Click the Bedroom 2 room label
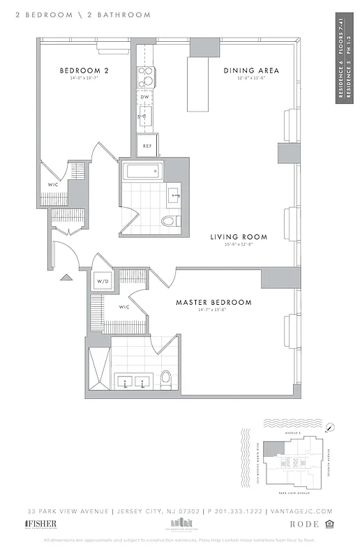tap(83, 70)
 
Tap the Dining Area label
tap(251, 70)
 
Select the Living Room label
tap(239, 237)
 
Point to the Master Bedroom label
tap(213, 302)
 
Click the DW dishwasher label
tap(144, 97)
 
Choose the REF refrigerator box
tap(147, 145)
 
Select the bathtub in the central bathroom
tap(142, 172)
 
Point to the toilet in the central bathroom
tap(169, 221)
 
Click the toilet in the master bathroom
tap(166, 379)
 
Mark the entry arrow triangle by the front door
tap(66, 277)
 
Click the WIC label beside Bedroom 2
tap(53, 185)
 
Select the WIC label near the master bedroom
tap(125, 307)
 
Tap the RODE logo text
tap(306, 524)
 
